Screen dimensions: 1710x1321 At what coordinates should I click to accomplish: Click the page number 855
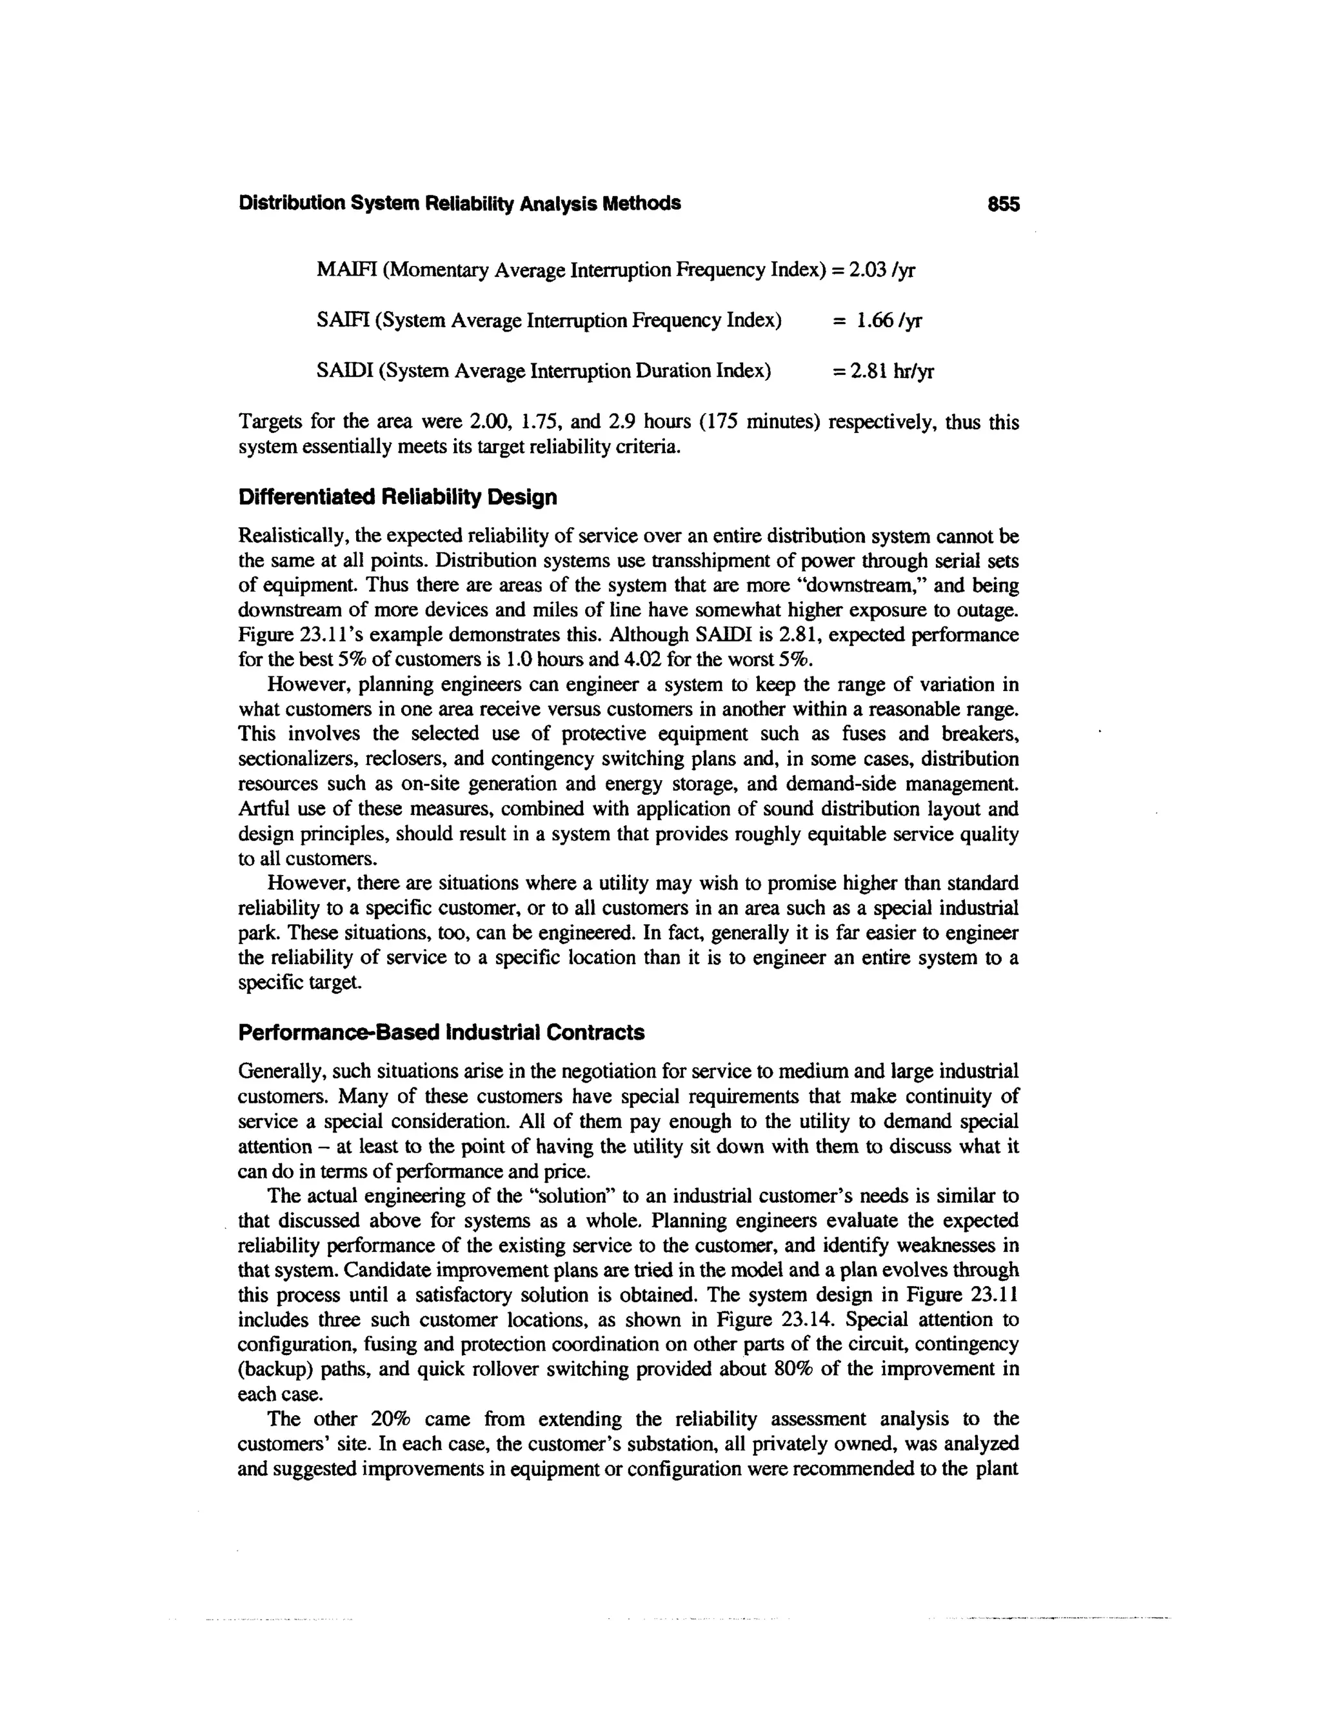coord(1003,205)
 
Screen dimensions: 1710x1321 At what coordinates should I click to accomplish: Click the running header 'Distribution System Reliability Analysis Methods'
coord(459,203)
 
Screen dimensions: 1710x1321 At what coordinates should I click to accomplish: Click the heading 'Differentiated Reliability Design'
coord(397,497)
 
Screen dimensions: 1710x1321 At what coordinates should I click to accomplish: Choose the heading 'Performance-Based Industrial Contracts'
coord(441,1032)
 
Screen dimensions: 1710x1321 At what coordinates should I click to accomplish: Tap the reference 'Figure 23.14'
coord(767,1320)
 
